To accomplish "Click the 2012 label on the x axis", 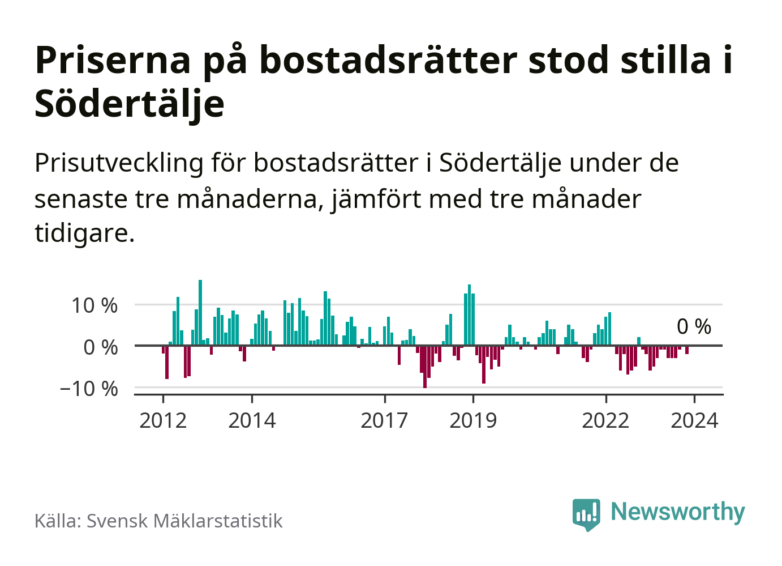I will (x=163, y=421).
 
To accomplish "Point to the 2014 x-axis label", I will (x=252, y=421).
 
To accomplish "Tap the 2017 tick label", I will (x=384, y=421).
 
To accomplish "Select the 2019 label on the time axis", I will (x=473, y=421).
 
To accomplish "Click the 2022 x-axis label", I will (x=605, y=421).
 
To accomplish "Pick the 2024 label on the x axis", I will (x=694, y=421).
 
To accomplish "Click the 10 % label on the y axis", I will (x=94, y=306).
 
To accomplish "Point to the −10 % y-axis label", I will (x=89, y=389).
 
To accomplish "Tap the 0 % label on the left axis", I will (x=101, y=347).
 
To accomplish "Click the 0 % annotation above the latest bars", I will (x=694, y=327).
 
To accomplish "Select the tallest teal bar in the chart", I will (x=200, y=312).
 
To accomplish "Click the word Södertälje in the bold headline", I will (x=130, y=104).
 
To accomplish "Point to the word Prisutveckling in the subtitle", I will (x=119, y=163).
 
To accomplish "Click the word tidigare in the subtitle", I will (x=84, y=233).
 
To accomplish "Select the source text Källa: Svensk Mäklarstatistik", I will (x=158, y=521).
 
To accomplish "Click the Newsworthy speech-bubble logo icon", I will (x=586, y=514).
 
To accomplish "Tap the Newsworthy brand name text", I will (x=678, y=512).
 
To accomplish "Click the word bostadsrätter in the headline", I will (x=388, y=60).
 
